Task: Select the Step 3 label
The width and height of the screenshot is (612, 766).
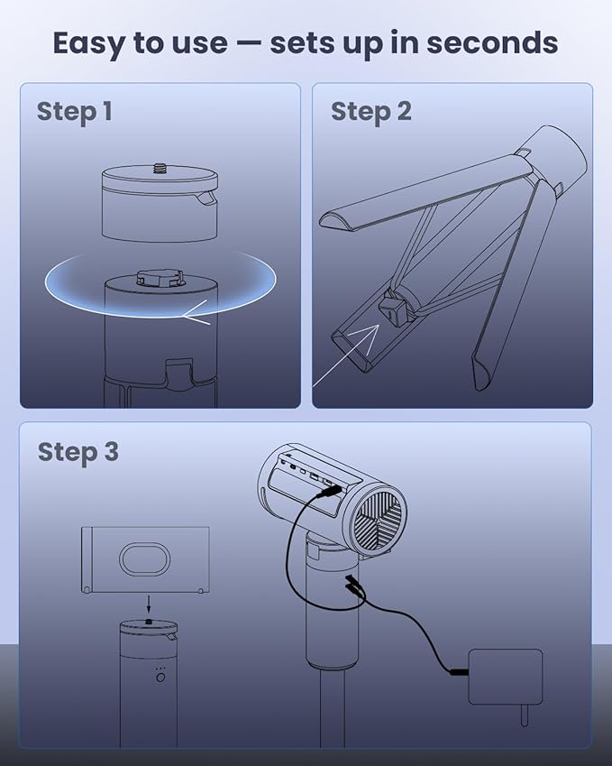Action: (78, 452)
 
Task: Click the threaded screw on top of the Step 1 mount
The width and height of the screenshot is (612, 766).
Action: (160, 169)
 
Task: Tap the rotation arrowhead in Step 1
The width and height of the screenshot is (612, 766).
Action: (196, 317)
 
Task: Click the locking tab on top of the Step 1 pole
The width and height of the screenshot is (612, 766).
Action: (160, 276)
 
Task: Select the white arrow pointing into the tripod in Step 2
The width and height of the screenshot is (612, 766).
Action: (345, 355)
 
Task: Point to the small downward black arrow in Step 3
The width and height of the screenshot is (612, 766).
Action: (149, 604)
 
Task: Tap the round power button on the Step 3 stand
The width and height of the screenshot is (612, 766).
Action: (160, 678)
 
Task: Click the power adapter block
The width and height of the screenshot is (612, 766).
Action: (505, 677)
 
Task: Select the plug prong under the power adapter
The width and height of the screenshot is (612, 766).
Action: (525, 715)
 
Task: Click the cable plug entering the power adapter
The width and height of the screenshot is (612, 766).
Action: (458, 672)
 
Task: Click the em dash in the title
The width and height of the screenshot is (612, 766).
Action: (248, 44)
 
